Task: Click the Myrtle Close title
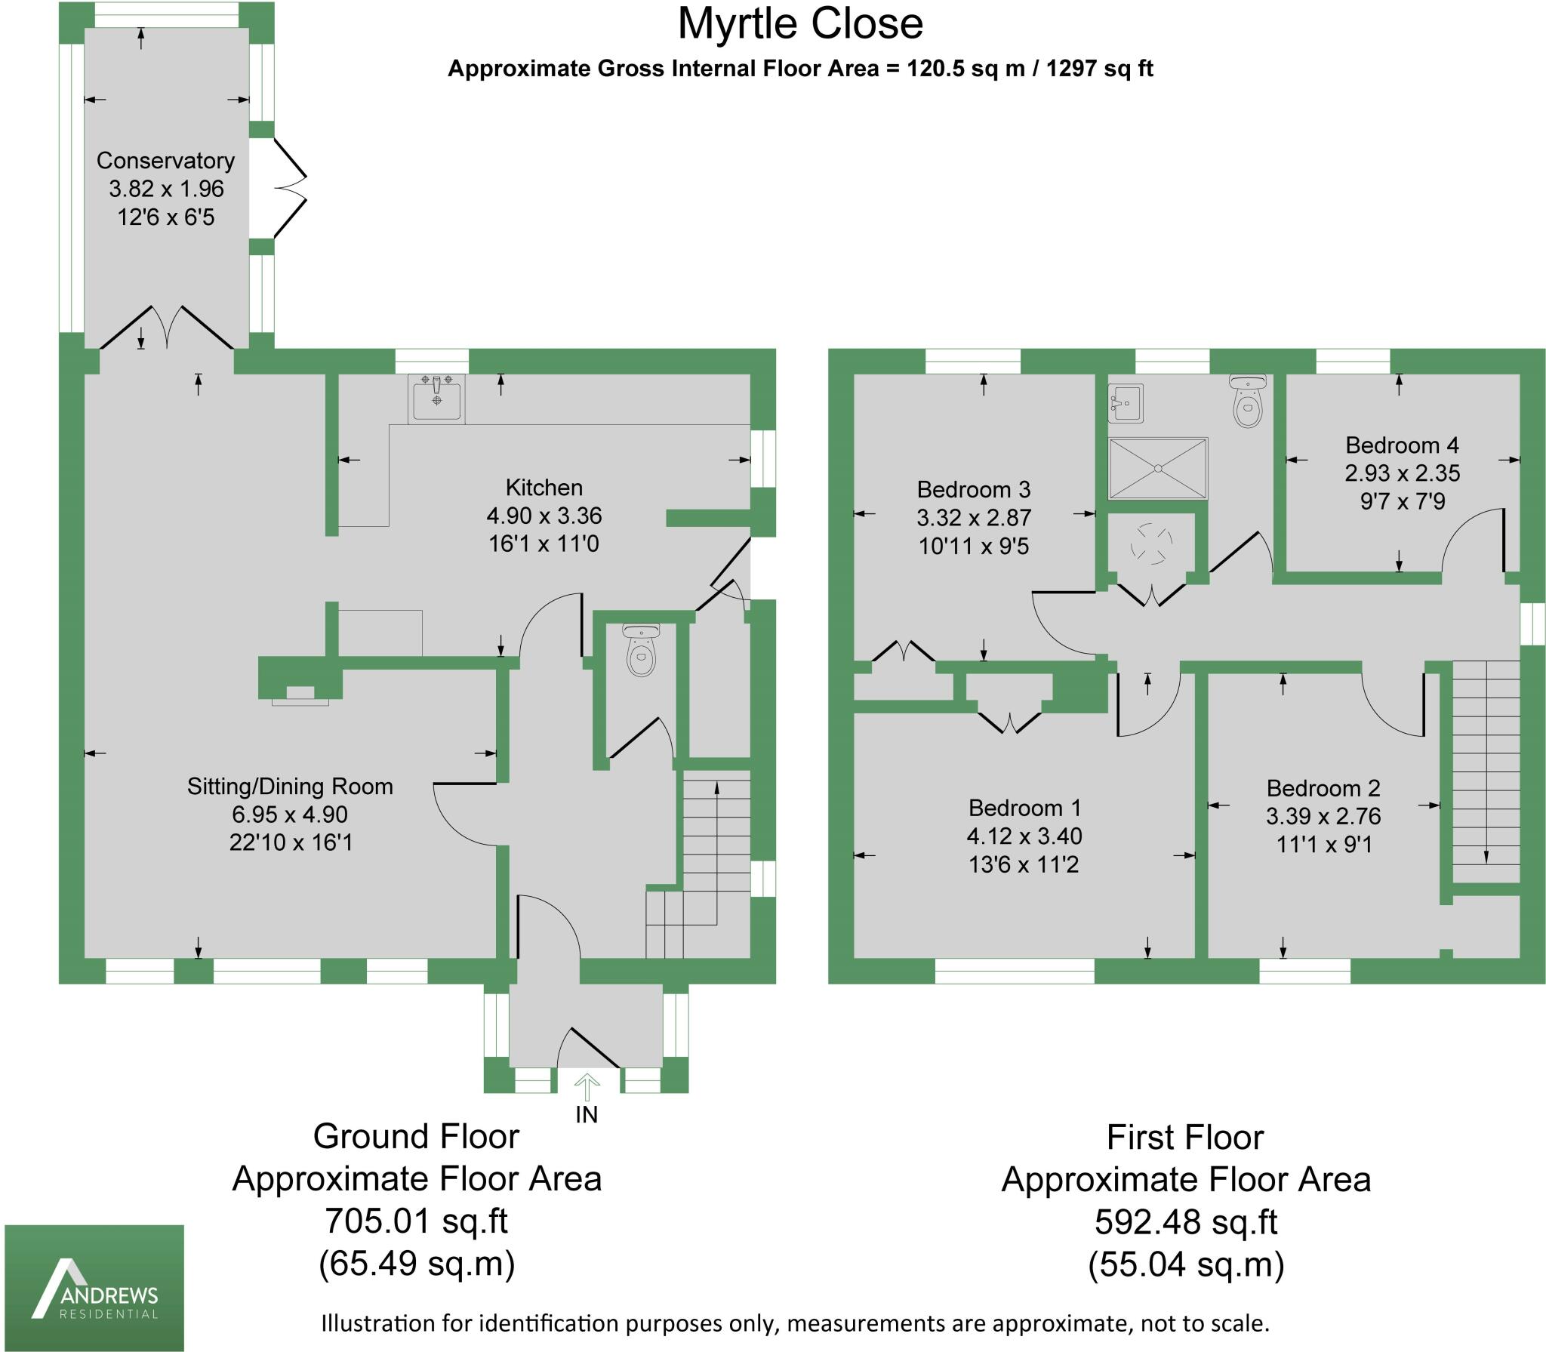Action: tap(800, 24)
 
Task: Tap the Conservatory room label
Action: tap(165, 161)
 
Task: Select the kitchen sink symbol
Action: tap(436, 398)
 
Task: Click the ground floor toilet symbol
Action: tap(641, 649)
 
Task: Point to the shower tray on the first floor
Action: tap(1157, 468)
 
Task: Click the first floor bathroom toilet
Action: tap(1247, 402)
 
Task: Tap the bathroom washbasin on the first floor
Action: tap(1125, 403)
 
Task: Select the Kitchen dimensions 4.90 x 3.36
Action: tap(544, 516)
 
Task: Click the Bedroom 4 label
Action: tap(1402, 445)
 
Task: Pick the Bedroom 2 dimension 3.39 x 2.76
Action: tap(1323, 816)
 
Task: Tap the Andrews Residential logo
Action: tap(94, 1288)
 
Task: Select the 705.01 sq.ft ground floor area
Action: tap(416, 1221)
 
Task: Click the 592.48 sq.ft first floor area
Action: tap(1185, 1222)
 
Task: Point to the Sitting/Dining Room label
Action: tap(290, 787)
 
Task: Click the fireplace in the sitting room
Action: tap(300, 694)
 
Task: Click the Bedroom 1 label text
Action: tap(1024, 808)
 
